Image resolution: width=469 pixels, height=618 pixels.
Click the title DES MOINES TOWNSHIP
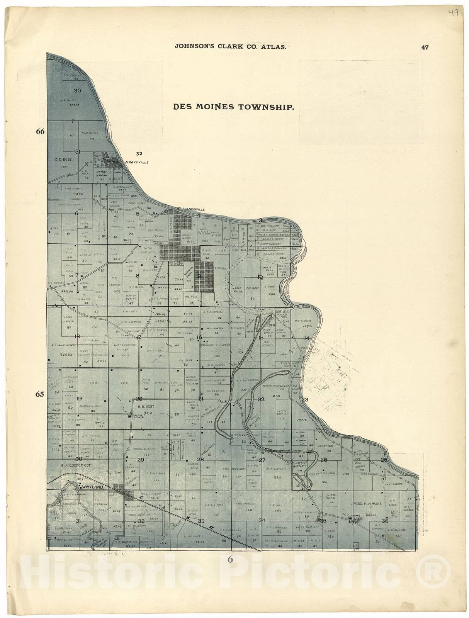(234, 107)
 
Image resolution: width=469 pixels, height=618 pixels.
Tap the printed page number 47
(425, 48)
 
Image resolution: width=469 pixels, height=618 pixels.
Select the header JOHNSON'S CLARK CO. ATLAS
(230, 47)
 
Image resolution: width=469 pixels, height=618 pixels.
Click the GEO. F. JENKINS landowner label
(367, 504)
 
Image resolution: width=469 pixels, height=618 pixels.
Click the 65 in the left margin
(40, 394)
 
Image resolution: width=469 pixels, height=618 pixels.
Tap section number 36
(384, 521)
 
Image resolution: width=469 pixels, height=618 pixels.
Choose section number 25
(384, 460)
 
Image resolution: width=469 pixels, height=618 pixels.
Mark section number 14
(307, 338)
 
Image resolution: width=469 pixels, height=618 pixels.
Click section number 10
(260, 277)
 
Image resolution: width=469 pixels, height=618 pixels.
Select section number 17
(138, 337)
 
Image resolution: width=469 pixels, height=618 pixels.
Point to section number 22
(261, 399)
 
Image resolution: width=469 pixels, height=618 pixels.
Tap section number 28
(200, 460)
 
